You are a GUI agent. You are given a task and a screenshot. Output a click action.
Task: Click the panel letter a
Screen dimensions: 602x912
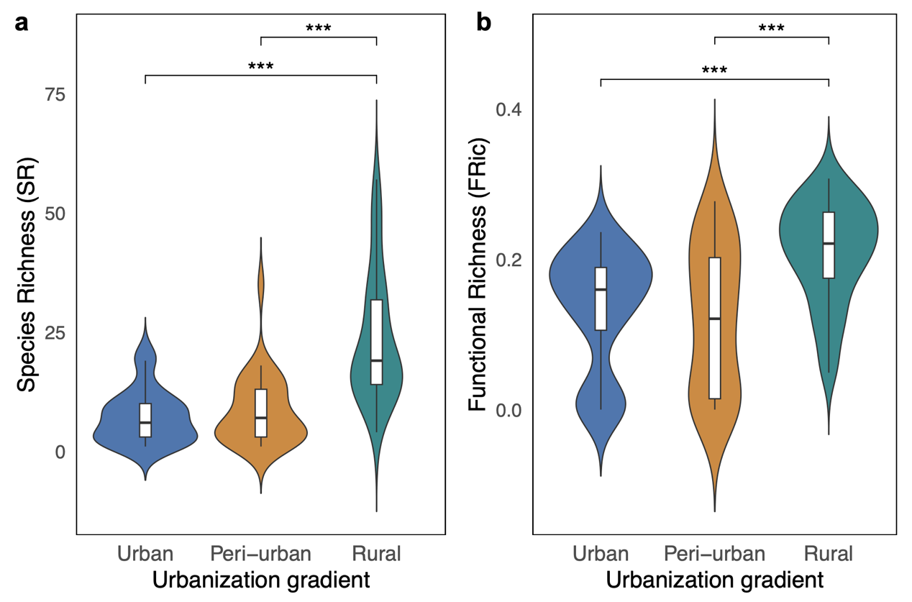(x=22, y=24)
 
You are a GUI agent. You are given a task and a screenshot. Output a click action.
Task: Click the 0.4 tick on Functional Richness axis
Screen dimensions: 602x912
(x=508, y=110)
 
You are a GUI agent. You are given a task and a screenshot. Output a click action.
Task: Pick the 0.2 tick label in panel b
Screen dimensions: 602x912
(x=508, y=260)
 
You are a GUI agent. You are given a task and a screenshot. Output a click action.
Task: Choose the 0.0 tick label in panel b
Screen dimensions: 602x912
(x=508, y=410)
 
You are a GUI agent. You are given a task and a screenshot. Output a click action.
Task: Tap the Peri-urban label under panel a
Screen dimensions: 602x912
(x=260, y=554)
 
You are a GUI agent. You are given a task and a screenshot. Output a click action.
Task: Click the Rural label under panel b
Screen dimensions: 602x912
(x=829, y=554)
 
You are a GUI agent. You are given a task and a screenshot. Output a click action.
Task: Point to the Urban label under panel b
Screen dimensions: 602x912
(x=601, y=554)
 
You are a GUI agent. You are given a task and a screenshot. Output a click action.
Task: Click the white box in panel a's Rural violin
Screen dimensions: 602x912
(x=376, y=342)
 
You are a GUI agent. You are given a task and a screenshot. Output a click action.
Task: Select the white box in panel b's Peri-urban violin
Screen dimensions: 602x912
(x=714, y=327)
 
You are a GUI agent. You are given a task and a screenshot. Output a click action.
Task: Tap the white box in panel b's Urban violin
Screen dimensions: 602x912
(x=601, y=298)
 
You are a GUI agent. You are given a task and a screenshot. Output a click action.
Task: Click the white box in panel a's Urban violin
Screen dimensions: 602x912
(x=145, y=420)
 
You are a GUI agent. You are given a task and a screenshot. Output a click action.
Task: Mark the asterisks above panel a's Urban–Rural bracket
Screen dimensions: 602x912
(x=260, y=67)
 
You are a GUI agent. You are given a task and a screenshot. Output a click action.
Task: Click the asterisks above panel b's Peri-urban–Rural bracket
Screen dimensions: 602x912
(x=771, y=29)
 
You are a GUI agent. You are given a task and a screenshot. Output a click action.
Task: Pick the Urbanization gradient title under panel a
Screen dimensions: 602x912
(x=260, y=580)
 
